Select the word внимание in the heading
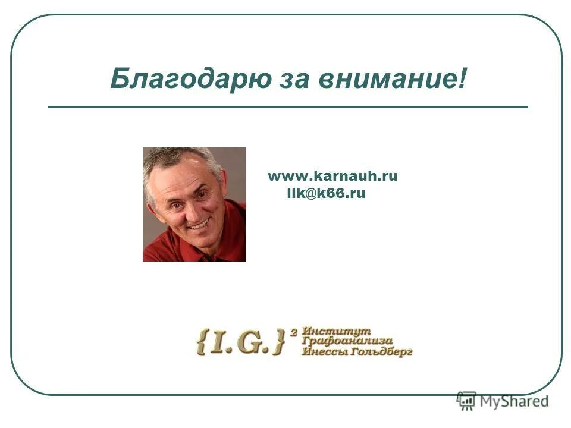click(x=387, y=78)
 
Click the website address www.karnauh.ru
click(x=332, y=176)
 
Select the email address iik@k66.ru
click(x=326, y=194)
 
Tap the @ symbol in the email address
click(x=309, y=194)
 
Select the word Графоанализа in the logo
click(x=347, y=341)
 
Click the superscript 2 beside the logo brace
click(x=293, y=333)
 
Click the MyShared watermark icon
click(x=467, y=400)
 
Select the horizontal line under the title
click(x=287, y=107)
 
